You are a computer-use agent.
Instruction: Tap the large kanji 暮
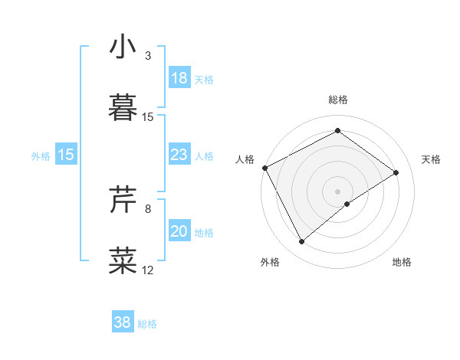pyautogui.click(x=123, y=107)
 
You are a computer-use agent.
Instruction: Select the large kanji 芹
pyautogui.click(x=123, y=201)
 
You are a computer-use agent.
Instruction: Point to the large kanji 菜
pyautogui.click(x=123, y=260)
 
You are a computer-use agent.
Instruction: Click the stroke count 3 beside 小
pyautogui.click(x=148, y=56)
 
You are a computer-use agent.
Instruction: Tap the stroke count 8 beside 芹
pyautogui.click(x=148, y=208)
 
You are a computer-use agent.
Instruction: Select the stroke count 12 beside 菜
pyautogui.click(x=148, y=270)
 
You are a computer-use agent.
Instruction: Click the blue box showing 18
pyautogui.click(x=179, y=78)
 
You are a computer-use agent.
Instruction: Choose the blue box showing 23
pyautogui.click(x=179, y=155)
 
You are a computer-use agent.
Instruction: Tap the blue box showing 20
pyautogui.click(x=179, y=231)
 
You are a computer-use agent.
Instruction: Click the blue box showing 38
pyautogui.click(x=122, y=322)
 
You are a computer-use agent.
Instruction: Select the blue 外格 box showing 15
pyautogui.click(x=66, y=155)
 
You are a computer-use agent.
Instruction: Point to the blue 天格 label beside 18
pyautogui.click(x=204, y=80)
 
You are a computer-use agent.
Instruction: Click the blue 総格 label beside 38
pyautogui.click(x=147, y=324)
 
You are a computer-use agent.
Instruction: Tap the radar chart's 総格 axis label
pyautogui.click(x=337, y=100)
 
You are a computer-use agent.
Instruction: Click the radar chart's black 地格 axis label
pyautogui.click(x=402, y=263)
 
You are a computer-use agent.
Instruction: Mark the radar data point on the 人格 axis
pyautogui.click(x=264, y=168)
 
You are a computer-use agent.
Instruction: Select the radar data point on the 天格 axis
pyautogui.click(x=396, y=172)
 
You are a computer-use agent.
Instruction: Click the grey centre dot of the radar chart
pyautogui.click(x=337, y=191)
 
